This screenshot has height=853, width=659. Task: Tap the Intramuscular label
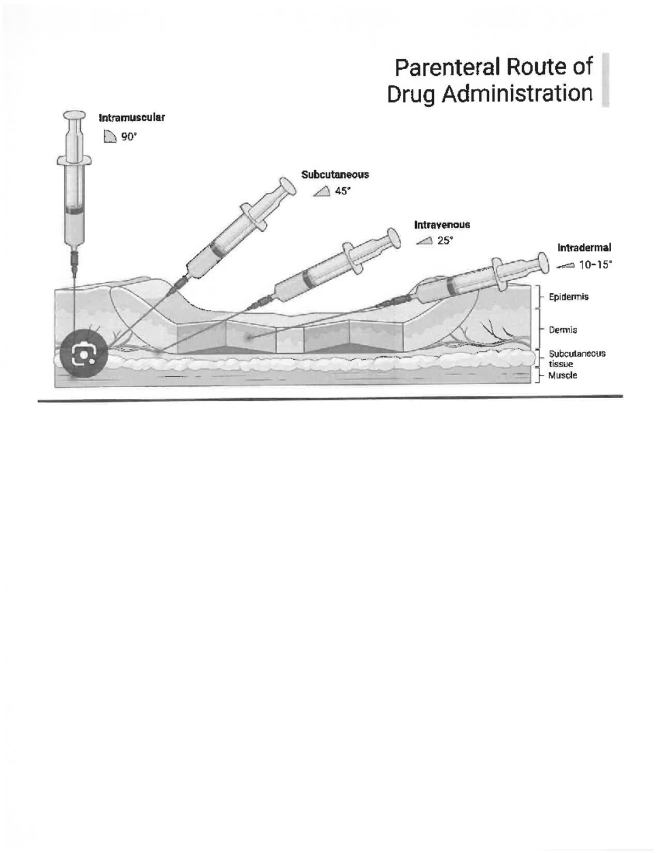click(131, 118)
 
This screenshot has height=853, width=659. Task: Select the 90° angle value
click(129, 137)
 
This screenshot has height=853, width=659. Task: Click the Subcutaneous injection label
click(335, 175)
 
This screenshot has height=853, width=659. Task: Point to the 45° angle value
click(342, 191)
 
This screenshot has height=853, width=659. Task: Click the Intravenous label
click(442, 225)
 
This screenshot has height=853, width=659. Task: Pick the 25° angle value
click(445, 241)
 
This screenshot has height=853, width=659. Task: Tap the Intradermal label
click(584, 248)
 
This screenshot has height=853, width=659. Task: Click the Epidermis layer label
click(568, 297)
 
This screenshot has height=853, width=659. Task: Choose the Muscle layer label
click(563, 376)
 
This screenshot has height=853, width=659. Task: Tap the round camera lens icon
click(85, 354)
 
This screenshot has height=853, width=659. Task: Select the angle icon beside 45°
click(321, 191)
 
